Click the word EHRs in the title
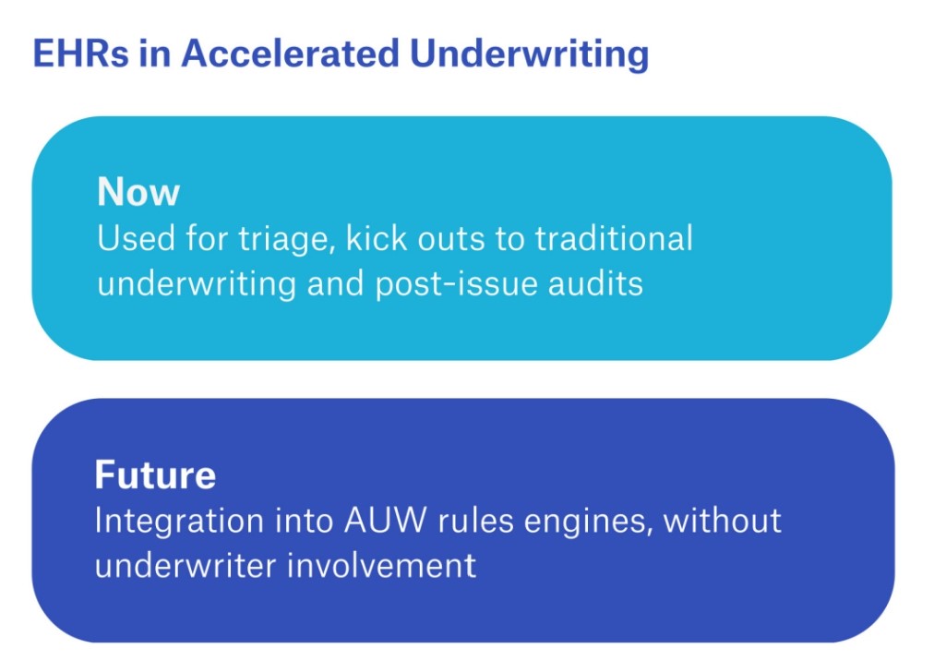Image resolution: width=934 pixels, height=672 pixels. pos(80,53)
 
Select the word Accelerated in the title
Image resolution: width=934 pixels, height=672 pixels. pos(290,53)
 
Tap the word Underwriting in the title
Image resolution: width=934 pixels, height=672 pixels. pos(530,54)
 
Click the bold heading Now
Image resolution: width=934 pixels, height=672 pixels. pos(138,192)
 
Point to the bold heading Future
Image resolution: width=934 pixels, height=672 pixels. pos(155,474)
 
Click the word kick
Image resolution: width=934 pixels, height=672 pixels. pos(376,238)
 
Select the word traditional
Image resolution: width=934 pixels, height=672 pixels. pos(614,238)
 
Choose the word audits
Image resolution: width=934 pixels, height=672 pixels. pos(595,282)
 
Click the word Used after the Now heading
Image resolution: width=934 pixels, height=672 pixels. pos(137,238)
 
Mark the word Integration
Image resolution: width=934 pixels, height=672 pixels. pos(179,522)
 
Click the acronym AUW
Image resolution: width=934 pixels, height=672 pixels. pos(386,520)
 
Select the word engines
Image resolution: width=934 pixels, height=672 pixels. pos(587,522)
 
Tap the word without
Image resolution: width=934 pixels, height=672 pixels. pos(722,520)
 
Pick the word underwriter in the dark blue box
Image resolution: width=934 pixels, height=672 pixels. pos(186,564)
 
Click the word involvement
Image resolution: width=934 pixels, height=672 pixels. pos(382,564)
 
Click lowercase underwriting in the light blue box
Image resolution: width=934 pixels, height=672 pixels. pos(197,284)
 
